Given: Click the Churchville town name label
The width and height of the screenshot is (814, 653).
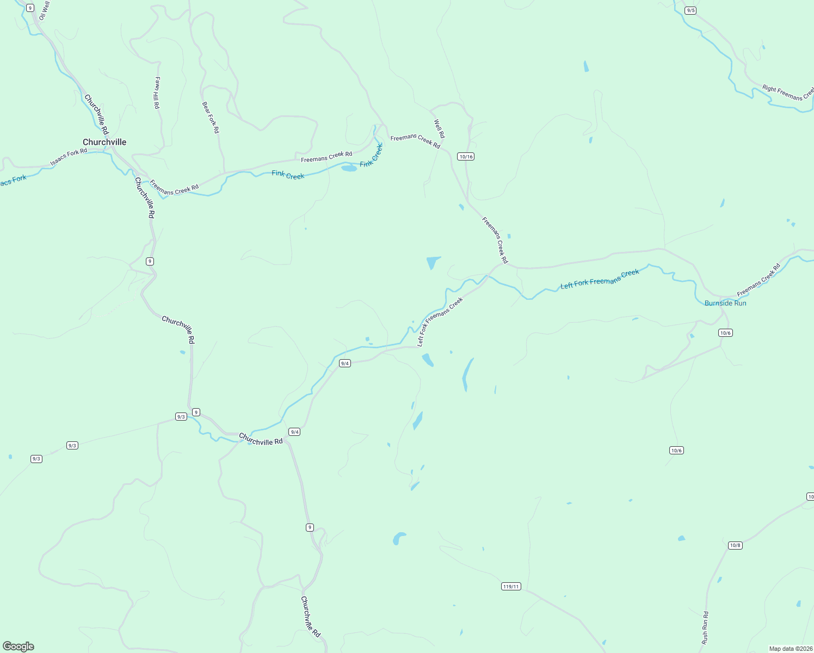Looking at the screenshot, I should [x=104, y=142].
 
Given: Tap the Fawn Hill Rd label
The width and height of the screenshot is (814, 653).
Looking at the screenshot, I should [x=157, y=93].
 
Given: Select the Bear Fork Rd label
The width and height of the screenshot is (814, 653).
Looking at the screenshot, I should [x=211, y=118].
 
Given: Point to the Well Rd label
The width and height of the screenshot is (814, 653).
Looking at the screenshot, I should [x=439, y=129].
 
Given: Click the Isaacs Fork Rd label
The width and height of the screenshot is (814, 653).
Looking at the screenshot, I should [x=69, y=157].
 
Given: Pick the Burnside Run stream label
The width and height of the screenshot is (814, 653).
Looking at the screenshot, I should [x=725, y=303].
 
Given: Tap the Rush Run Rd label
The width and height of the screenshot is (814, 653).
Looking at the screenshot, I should [x=705, y=627].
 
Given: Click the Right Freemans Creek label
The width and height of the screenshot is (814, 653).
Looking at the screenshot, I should [x=787, y=93].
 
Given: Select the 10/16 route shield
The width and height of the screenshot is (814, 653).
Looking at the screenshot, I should [x=466, y=157].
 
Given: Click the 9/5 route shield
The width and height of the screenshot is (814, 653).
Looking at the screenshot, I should [x=690, y=10].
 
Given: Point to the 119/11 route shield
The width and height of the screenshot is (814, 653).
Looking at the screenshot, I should [x=511, y=587].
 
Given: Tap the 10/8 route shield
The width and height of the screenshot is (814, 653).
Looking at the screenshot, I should [x=735, y=545].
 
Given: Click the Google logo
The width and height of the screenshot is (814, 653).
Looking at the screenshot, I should [x=18, y=646].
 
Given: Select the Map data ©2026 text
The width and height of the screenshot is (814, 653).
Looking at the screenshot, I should [x=790, y=649].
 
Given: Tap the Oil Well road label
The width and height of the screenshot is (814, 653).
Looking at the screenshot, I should [x=44, y=10].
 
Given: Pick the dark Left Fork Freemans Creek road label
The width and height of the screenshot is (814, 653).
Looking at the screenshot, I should [x=440, y=322].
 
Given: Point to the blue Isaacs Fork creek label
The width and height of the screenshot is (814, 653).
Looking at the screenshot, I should [x=12, y=181].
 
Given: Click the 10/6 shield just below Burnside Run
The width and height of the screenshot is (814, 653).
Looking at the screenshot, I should [x=725, y=333].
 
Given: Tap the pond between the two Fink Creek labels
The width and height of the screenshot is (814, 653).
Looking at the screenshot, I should [x=349, y=168].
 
